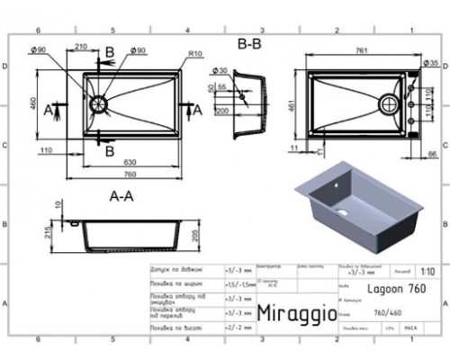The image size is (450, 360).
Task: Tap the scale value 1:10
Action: [x=425, y=269]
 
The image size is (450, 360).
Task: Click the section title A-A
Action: [x=122, y=193]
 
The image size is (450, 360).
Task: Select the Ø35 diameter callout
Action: [x=430, y=63]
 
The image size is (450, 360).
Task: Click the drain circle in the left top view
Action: [x=97, y=103]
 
